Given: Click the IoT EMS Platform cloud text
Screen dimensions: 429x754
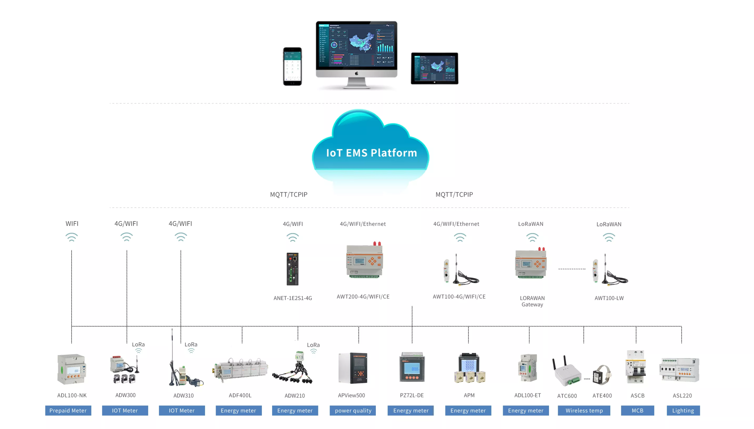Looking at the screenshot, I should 371,153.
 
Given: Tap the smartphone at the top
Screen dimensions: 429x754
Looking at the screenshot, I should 292,67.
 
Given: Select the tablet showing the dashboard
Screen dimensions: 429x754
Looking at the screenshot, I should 434,68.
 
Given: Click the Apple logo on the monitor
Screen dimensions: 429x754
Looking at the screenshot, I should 356,73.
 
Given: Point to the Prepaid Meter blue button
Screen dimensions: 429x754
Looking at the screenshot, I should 68,410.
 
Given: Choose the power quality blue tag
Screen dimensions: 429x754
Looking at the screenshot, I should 353,410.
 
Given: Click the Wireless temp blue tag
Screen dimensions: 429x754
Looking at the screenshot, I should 584,410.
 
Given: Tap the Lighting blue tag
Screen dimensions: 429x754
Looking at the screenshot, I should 683,410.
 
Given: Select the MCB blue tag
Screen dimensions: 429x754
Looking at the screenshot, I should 637,410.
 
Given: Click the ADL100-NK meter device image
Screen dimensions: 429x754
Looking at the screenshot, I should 72,369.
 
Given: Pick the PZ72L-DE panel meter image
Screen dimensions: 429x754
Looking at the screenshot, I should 412,367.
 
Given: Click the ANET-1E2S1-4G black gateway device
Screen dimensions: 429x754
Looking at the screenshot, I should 292,269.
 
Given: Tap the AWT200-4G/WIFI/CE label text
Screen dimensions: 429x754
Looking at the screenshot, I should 363,297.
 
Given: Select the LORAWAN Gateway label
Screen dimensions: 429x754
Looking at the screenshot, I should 532,301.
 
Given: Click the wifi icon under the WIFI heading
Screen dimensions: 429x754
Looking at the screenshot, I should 72,237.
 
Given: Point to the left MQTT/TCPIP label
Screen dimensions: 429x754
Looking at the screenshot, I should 289,194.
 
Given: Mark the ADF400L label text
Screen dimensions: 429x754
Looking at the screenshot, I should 240,395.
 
